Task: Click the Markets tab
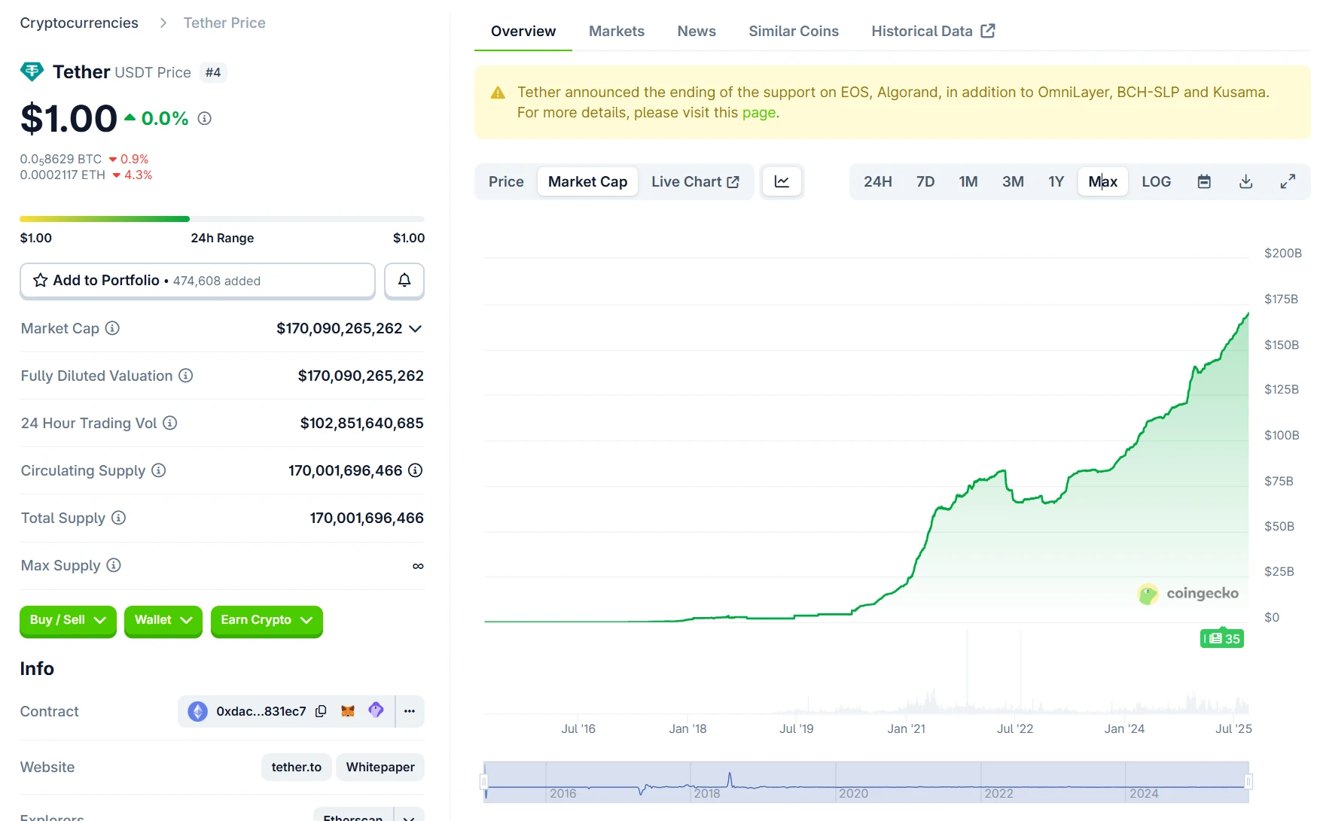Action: [616, 31]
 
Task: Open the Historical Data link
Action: [932, 31]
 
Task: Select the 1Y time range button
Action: [1056, 181]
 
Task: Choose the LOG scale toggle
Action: [1156, 181]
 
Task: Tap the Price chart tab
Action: [506, 181]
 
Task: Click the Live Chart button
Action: [694, 181]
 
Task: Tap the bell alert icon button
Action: [404, 281]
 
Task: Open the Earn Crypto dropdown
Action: [267, 620]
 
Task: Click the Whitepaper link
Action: [380, 767]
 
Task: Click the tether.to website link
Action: [296, 767]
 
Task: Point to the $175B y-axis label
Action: [1281, 299]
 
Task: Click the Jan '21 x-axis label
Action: [906, 728]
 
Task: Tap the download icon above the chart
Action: [1245, 181]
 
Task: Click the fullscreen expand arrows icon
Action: [1288, 181]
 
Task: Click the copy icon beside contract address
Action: [321, 711]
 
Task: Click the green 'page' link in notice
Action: [758, 113]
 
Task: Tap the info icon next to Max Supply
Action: [114, 565]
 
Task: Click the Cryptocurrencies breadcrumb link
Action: [79, 23]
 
